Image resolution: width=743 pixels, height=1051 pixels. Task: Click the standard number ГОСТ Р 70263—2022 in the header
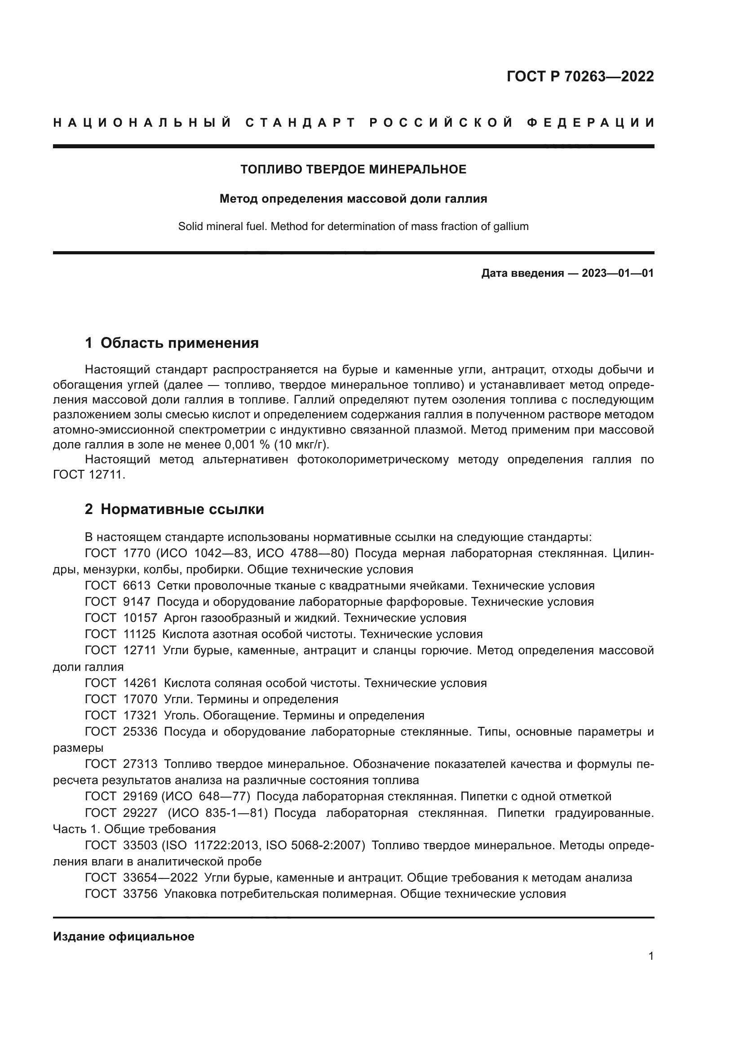(x=579, y=76)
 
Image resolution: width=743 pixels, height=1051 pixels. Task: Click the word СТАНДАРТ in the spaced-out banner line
(x=300, y=123)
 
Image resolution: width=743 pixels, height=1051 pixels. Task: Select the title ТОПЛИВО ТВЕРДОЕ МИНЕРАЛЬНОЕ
(x=353, y=169)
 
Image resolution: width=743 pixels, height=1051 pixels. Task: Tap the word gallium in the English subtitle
(x=511, y=226)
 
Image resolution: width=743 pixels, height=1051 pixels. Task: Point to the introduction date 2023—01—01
(x=617, y=274)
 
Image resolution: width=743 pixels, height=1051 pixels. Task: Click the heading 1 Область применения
(x=172, y=343)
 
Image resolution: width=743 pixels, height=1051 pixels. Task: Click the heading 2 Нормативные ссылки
(x=174, y=509)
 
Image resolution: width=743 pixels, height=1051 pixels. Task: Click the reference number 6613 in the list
(x=137, y=585)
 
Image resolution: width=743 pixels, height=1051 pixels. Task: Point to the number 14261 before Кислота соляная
(x=140, y=683)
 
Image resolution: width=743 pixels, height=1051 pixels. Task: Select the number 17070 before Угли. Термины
(x=140, y=699)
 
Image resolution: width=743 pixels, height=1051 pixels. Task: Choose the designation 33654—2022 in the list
(x=160, y=878)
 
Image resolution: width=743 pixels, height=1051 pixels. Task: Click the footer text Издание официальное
(x=124, y=936)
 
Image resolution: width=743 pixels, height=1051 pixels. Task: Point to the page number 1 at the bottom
(x=650, y=956)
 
